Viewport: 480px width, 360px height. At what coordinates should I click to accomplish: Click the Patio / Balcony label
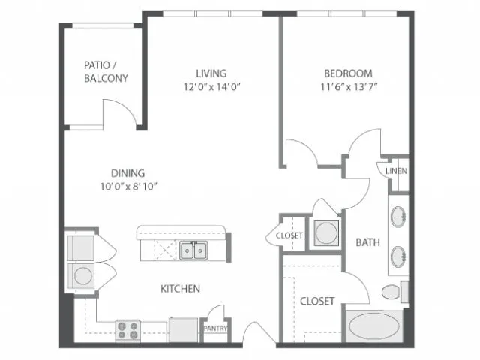pyautogui.click(x=106, y=72)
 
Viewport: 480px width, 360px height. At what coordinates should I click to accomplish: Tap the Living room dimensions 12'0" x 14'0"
pyautogui.click(x=211, y=87)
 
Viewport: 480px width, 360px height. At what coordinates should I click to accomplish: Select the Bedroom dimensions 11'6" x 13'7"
pyautogui.click(x=348, y=87)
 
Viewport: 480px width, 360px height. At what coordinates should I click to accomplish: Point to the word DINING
pyautogui.click(x=128, y=173)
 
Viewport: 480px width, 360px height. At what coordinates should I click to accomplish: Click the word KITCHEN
pyautogui.click(x=180, y=289)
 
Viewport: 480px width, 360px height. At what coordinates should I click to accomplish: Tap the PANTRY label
pyautogui.click(x=215, y=328)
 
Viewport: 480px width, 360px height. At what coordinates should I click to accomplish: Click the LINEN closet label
pyautogui.click(x=396, y=171)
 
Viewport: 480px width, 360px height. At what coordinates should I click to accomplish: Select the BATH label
pyautogui.click(x=367, y=242)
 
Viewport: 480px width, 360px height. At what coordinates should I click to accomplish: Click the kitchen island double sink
pyautogui.click(x=193, y=250)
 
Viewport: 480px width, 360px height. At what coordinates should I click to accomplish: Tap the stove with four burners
pyautogui.click(x=128, y=330)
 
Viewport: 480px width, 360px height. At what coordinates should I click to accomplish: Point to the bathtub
pyautogui.click(x=374, y=325)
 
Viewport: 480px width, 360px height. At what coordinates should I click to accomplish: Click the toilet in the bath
pyautogui.click(x=394, y=292)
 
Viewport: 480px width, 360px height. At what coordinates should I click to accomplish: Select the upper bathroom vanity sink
pyautogui.click(x=398, y=217)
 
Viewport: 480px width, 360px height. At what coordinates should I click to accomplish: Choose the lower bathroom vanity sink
pyautogui.click(x=398, y=256)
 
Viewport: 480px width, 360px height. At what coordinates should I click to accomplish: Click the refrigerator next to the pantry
pyautogui.click(x=183, y=330)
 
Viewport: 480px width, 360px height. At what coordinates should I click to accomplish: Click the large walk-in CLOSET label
pyautogui.click(x=317, y=301)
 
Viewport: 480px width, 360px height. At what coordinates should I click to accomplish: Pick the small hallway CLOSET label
pyautogui.click(x=289, y=235)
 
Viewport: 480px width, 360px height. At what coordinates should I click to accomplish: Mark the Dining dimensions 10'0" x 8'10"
pyautogui.click(x=128, y=187)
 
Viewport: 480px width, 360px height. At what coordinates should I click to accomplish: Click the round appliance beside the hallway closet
pyautogui.click(x=326, y=233)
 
